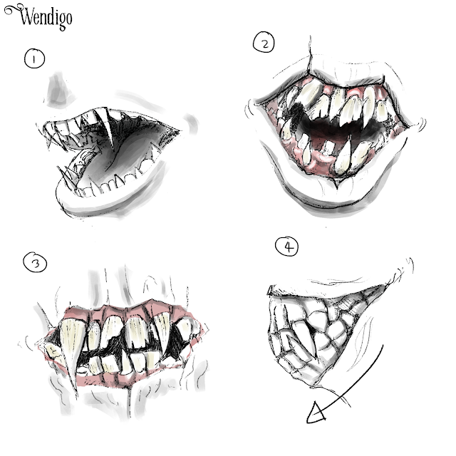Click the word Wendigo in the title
point(46,17)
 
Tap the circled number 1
point(34,58)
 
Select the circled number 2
point(264,42)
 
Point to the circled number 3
point(35,262)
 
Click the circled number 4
point(286,247)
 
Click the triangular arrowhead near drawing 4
point(316,413)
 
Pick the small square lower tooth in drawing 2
point(328,147)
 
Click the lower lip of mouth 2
point(326,198)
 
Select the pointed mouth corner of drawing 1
point(179,130)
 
